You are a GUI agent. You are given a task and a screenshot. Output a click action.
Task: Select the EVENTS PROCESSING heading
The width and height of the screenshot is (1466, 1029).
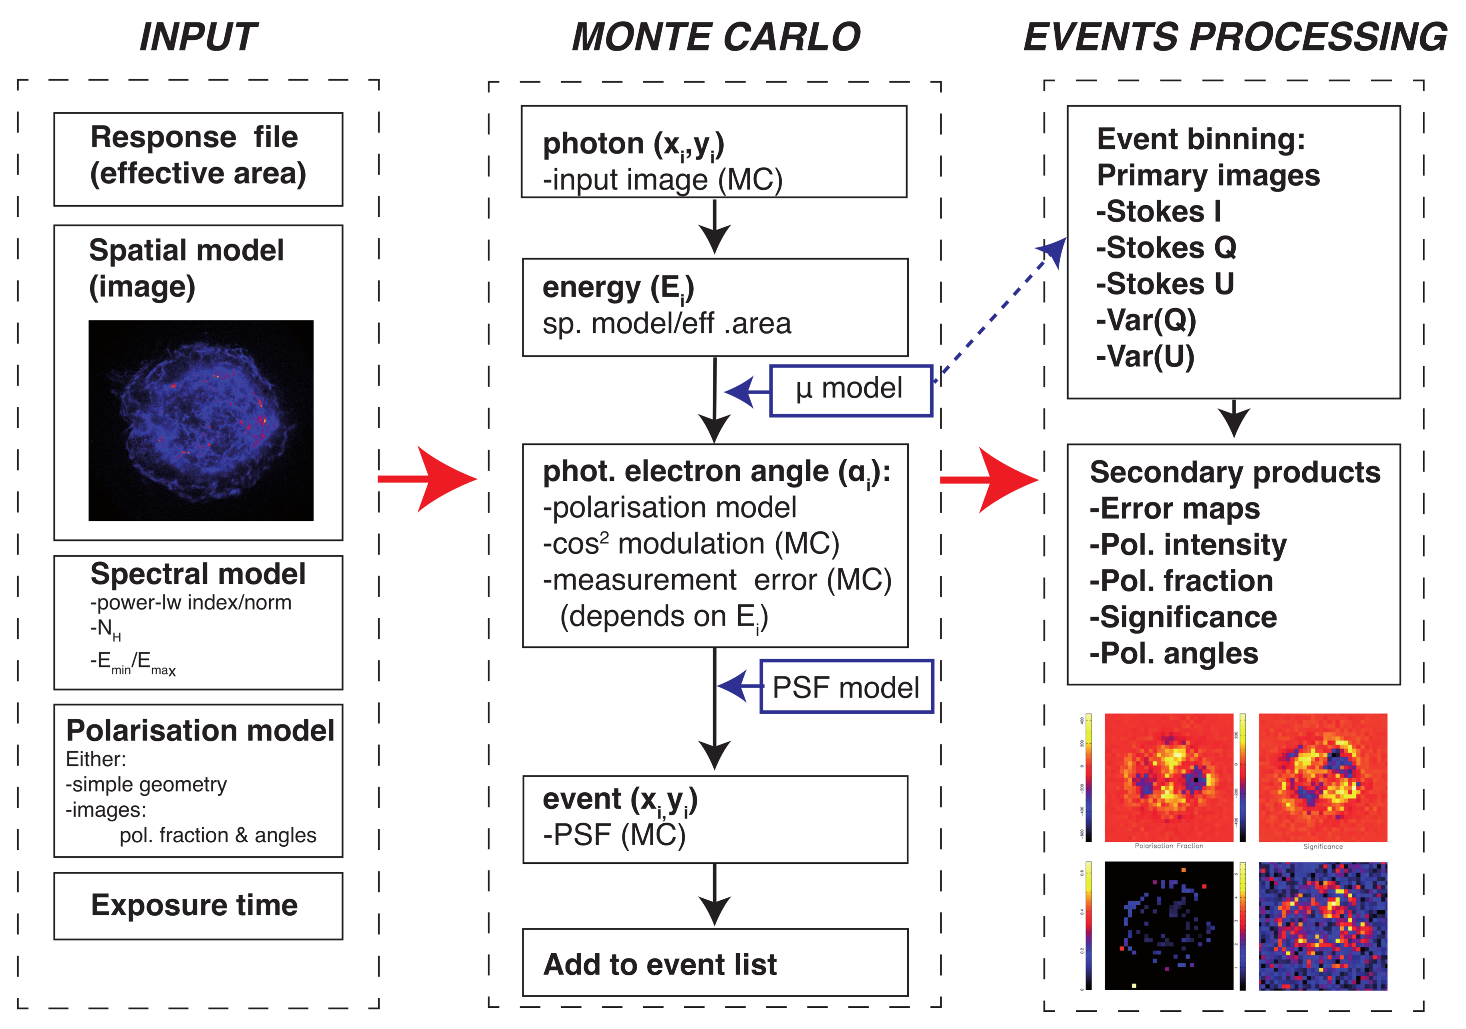click(x=1235, y=37)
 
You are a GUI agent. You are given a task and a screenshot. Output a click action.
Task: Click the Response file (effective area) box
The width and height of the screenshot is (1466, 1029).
click(x=198, y=159)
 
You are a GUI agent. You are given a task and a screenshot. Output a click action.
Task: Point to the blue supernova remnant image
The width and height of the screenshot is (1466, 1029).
click(x=201, y=420)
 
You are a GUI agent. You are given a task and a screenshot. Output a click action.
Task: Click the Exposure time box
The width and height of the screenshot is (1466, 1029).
click(x=198, y=905)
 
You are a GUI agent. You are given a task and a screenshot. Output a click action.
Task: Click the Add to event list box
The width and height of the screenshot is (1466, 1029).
click(x=715, y=962)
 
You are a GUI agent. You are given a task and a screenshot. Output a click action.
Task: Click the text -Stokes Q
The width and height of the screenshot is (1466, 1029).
click(x=1166, y=248)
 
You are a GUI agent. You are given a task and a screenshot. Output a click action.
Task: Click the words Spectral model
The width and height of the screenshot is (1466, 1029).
click(x=198, y=573)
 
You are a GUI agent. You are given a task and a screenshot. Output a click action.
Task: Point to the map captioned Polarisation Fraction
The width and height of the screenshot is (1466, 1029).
click(x=1168, y=777)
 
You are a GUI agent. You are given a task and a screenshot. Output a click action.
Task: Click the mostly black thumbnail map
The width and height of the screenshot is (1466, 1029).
click(x=1168, y=926)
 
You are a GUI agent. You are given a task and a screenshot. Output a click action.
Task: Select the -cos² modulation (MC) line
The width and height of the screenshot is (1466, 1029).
click(x=691, y=544)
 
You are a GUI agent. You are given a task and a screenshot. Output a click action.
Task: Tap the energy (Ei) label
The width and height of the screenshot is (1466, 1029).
click(x=617, y=288)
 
